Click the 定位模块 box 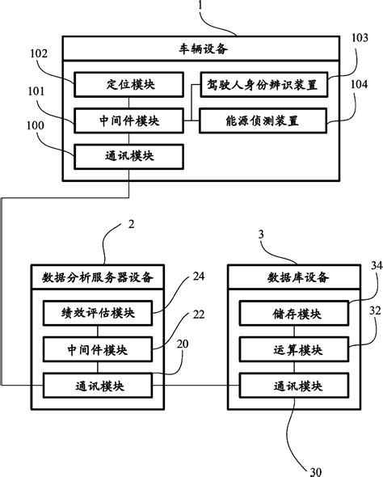click(129, 82)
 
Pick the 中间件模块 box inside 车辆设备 click(129, 121)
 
